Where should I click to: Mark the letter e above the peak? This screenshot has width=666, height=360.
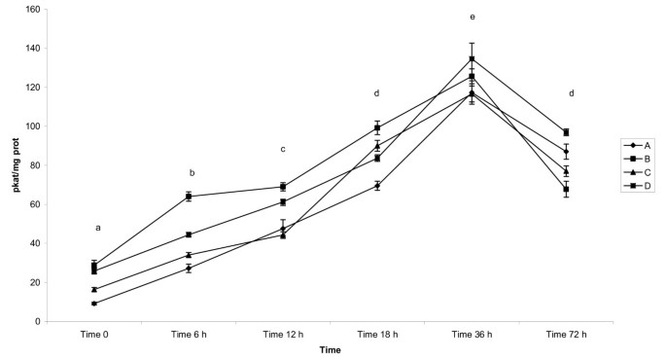point(472,18)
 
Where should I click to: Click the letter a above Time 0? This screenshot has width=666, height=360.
point(97,228)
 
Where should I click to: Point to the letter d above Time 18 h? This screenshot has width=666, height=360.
point(377,93)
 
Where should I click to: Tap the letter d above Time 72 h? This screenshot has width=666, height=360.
point(572,93)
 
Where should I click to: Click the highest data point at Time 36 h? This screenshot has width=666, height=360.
point(472,58)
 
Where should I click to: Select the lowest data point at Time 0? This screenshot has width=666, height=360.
point(94,304)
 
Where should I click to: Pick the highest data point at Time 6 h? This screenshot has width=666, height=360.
point(189,197)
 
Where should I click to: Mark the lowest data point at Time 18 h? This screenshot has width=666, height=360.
point(377,185)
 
